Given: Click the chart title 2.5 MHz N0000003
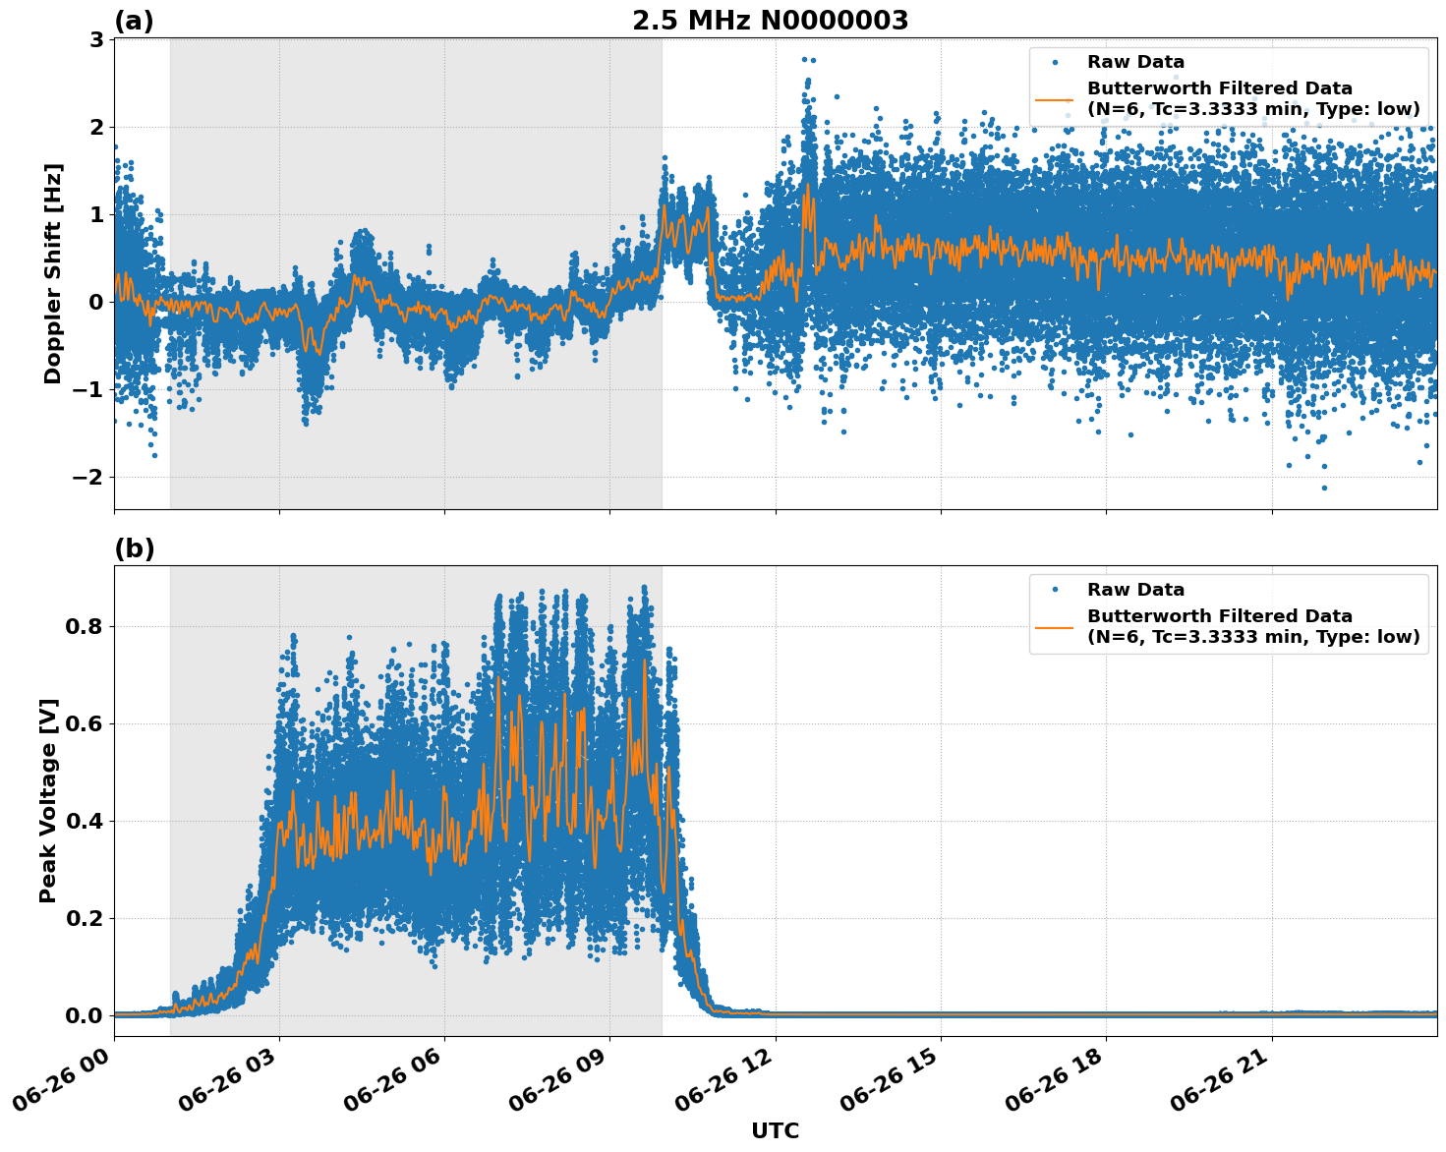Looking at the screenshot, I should pyautogui.click(x=770, y=21).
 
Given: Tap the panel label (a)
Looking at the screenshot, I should pyautogui.click(x=134, y=21).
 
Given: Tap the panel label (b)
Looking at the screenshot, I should pyautogui.click(x=134, y=548).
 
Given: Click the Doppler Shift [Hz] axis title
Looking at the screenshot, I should pyautogui.click(x=53, y=273).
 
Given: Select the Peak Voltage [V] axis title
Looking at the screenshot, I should pyautogui.click(x=48, y=800).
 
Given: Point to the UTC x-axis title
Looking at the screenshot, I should pyautogui.click(x=775, y=1130).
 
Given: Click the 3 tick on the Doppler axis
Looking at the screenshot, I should pyautogui.click(x=96, y=39).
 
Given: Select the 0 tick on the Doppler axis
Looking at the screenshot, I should pyautogui.click(x=96, y=302).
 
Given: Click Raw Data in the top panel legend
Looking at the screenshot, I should pyautogui.click(x=1135, y=62).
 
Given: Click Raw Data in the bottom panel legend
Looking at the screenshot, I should pyautogui.click(x=1135, y=590).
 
